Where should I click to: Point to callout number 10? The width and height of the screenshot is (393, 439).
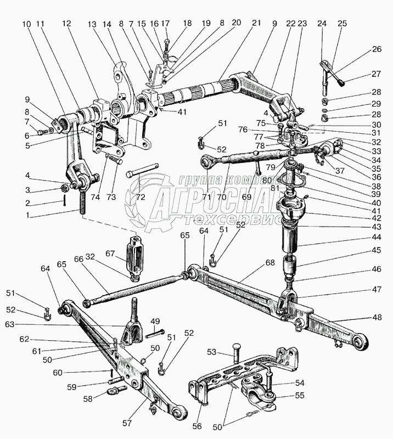(x=26, y=24)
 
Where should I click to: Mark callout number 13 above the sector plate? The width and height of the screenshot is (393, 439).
(x=91, y=24)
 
